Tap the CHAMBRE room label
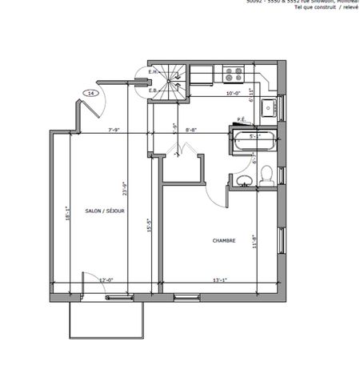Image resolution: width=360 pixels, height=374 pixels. pyautogui.click(x=223, y=240)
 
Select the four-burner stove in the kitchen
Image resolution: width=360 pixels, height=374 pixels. pyautogui.click(x=234, y=74)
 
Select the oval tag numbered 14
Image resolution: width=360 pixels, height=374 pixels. pyautogui.click(x=91, y=94)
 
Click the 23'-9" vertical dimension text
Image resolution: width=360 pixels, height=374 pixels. pyautogui.click(x=123, y=187)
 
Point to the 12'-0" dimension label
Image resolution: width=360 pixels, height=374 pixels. pyautogui.click(x=106, y=280)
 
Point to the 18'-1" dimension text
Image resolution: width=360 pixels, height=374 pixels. pyautogui.click(x=70, y=215)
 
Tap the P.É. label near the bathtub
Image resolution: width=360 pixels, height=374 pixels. pyautogui.click(x=240, y=120)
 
